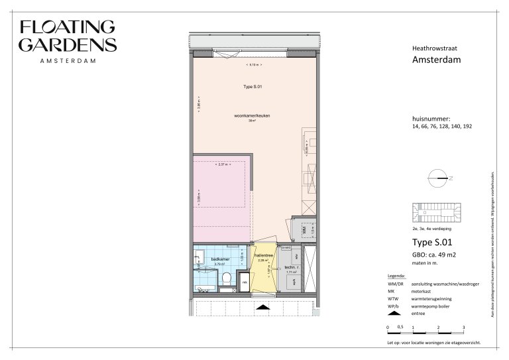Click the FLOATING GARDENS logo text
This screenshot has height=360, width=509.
coord(68,36)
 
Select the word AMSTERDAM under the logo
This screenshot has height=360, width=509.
coord(68,60)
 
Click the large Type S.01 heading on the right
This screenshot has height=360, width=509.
coord(431,243)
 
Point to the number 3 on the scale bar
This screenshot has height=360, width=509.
coord(463,328)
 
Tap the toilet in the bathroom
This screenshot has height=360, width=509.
coord(226,278)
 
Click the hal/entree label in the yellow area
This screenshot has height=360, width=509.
coord(264,255)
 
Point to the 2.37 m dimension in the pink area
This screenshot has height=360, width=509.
coord(222,164)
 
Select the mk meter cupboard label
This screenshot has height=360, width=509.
coord(245,282)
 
